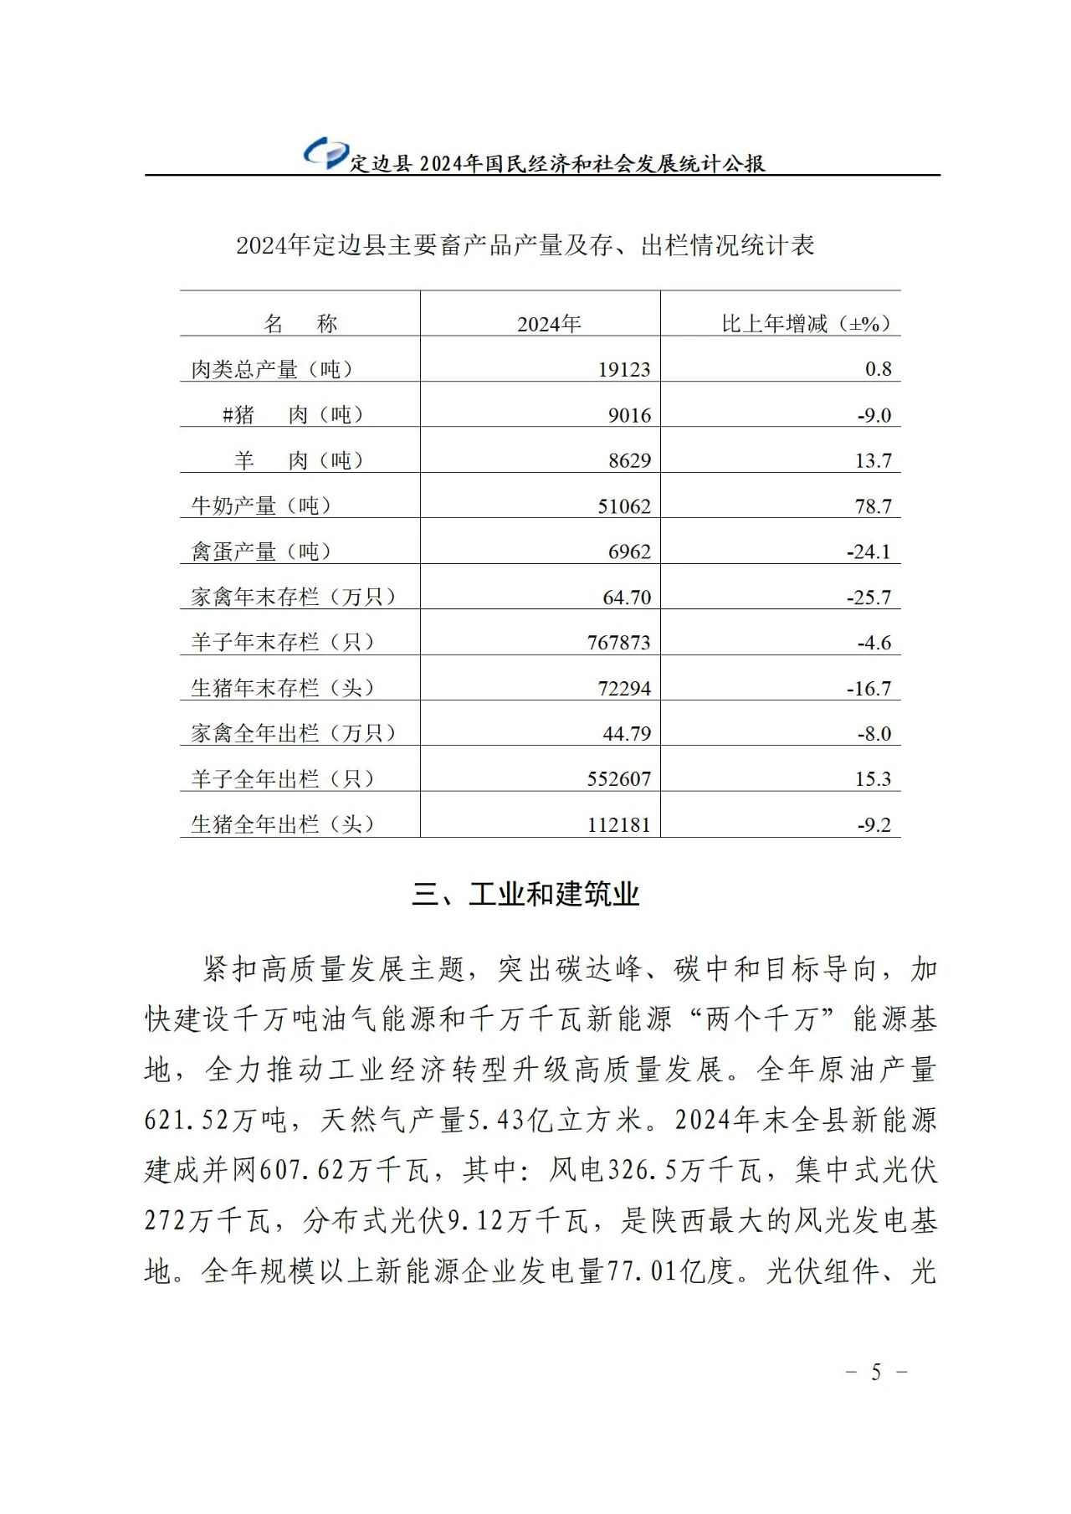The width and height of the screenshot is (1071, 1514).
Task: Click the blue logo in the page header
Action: click(x=325, y=153)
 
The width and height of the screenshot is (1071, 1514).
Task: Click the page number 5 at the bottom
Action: click(x=876, y=1373)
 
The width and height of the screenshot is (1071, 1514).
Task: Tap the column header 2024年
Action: click(x=548, y=324)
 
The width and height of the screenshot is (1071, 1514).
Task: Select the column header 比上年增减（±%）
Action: click(x=806, y=324)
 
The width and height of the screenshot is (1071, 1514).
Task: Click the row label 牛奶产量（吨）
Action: click(x=262, y=506)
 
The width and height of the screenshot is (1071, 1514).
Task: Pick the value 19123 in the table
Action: click(x=623, y=369)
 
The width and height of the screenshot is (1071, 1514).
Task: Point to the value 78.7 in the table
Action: click(x=873, y=506)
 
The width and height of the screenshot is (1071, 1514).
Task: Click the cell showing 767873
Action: click(x=618, y=643)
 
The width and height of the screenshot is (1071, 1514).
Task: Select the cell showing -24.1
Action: click(x=868, y=552)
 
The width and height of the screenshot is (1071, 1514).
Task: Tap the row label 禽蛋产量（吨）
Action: click(x=262, y=552)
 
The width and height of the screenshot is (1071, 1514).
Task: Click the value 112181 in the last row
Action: click(x=618, y=825)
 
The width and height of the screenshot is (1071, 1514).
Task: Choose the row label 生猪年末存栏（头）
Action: click(x=283, y=688)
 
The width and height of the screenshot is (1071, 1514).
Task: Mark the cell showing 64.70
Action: click(x=627, y=598)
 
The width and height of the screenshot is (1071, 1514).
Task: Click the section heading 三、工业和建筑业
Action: click(x=525, y=895)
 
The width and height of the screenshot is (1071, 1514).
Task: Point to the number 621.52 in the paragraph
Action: click(x=187, y=1120)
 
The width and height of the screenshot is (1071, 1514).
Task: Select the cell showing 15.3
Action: click(x=873, y=779)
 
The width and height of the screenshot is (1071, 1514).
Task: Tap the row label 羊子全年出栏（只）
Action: click(x=283, y=779)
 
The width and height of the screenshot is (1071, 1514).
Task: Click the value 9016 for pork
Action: click(x=629, y=415)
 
